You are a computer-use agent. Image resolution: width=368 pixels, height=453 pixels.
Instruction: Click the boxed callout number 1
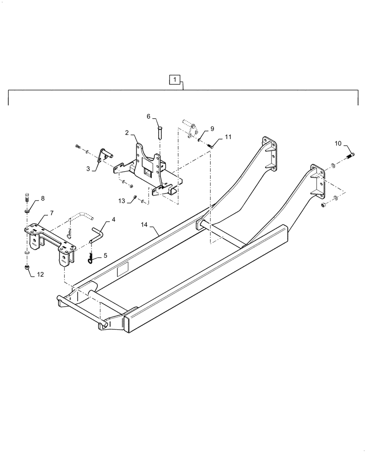175,80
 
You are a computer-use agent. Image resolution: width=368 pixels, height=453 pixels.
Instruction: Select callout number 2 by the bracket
128,133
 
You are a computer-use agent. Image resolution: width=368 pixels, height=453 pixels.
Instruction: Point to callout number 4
113,219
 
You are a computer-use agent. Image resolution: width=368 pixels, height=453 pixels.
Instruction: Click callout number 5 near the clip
105,255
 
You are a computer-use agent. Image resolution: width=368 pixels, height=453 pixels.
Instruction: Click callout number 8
43,198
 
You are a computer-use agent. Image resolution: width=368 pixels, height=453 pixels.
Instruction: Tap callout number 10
339,144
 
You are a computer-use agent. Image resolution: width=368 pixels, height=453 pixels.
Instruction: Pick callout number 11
228,136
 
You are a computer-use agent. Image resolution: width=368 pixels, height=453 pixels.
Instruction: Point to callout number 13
121,201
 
